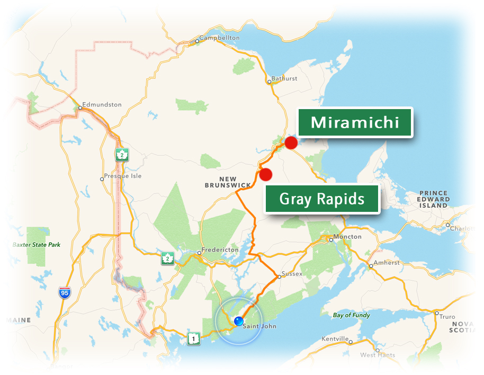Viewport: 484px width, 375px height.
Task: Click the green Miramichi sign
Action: (x=354, y=123)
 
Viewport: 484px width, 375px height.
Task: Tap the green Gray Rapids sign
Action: (x=322, y=199)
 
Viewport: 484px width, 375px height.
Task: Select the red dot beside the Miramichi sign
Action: (x=291, y=142)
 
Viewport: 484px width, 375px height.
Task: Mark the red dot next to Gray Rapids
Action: (x=266, y=174)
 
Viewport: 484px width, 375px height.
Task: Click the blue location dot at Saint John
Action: (x=238, y=320)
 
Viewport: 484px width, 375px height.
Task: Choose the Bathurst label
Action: (x=284, y=78)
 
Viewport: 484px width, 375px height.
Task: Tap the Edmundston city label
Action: (x=102, y=104)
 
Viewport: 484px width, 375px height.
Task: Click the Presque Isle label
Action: (x=123, y=176)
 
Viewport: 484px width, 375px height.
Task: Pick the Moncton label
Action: (x=347, y=236)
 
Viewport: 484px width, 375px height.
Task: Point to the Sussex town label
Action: (x=292, y=274)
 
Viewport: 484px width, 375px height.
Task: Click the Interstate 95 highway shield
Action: (x=64, y=293)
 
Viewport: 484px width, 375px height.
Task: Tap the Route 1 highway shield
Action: (x=194, y=338)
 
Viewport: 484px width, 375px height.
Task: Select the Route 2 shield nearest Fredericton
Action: (x=168, y=259)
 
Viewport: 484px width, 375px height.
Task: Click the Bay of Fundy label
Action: (x=352, y=315)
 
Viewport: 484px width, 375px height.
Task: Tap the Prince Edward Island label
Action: (x=434, y=199)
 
